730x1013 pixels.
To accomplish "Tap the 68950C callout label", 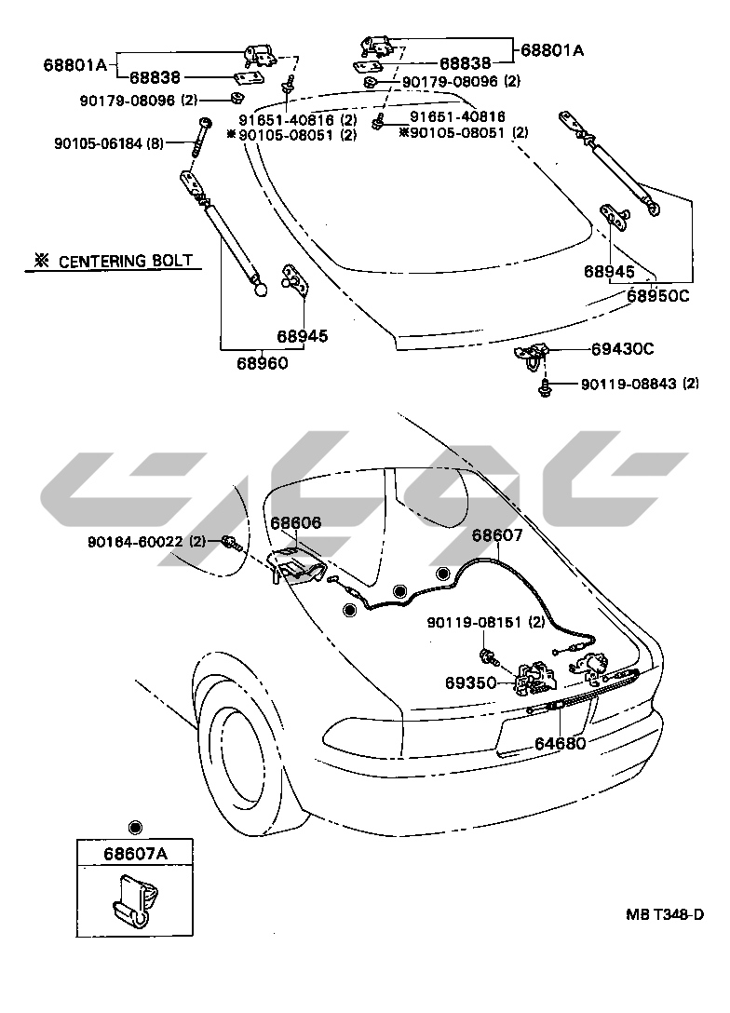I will pyautogui.click(x=657, y=296).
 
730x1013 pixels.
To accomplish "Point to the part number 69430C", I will pyautogui.click(x=622, y=349).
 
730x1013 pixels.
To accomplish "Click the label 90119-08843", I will pyautogui.click(x=629, y=384).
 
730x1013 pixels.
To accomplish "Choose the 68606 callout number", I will pyautogui.click(x=296, y=523).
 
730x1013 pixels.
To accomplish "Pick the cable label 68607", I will pyautogui.click(x=497, y=535).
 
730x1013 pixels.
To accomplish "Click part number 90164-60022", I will pyautogui.click(x=136, y=541).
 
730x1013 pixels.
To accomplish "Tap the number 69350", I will pyautogui.click(x=469, y=682).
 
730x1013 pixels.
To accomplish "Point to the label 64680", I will pyautogui.click(x=560, y=744).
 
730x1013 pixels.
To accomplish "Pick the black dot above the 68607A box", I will pyautogui.click(x=135, y=826).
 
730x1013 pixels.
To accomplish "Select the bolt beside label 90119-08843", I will pyautogui.click(x=543, y=385).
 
